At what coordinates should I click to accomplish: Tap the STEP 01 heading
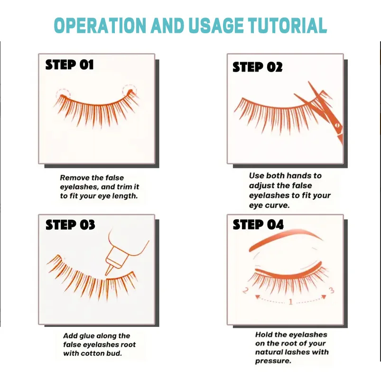tap(69, 65)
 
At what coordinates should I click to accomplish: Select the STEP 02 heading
tap(257, 67)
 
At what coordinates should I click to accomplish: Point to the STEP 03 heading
tap(70, 224)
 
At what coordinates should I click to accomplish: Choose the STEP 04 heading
tap(258, 224)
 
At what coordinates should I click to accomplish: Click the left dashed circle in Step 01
tap(62, 93)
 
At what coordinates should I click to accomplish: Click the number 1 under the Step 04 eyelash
tap(290, 302)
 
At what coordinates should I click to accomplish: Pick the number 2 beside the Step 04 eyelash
tap(245, 290)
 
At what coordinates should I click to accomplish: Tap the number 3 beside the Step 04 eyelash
tap(332, 290)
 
